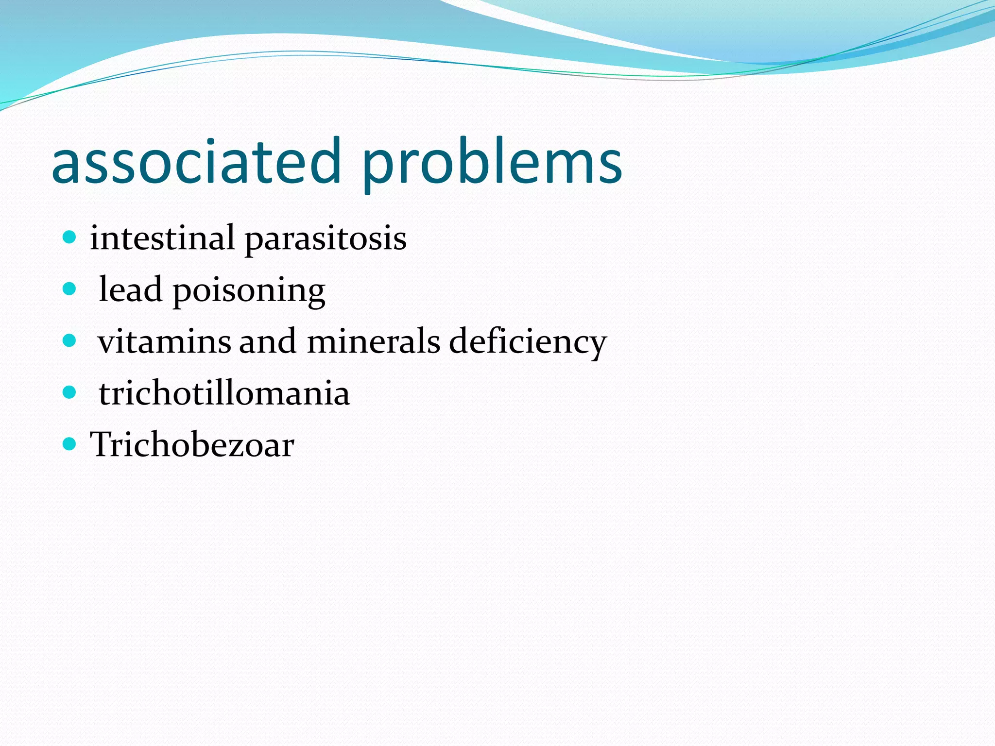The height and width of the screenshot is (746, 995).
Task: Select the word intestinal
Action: pyautogui.click(x=162, y=238)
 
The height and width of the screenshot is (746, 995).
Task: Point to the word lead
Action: pyautogui.click(x=130, y=290)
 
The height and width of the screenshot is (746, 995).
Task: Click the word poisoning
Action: pyautogui.click(x=249, y=292)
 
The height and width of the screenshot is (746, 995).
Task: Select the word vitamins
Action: pyautogui.click(x=164, y=341)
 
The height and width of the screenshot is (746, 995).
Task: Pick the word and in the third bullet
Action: pyautogui.click(x=268, y=341)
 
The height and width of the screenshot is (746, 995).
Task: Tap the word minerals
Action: pyautogui.click(x=374, y=341)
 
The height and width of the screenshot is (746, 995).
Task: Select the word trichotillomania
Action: pyautogui.click(x=224, y=393)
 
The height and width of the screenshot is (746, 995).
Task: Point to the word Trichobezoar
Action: pyautogui.click(x=192, y=444)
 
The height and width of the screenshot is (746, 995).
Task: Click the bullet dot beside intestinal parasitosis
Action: pyautogui.click(x=70, y=237)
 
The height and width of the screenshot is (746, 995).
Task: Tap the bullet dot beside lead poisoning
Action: pyautogui.click(x=70, y=289)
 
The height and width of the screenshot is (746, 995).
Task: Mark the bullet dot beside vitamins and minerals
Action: pyautogui.click(x=70, y=340)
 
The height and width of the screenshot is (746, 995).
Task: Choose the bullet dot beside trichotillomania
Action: pyautogui.click(x=70, y=392)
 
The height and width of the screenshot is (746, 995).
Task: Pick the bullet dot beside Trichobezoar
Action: pyautogui.click(x=70, y=443)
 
